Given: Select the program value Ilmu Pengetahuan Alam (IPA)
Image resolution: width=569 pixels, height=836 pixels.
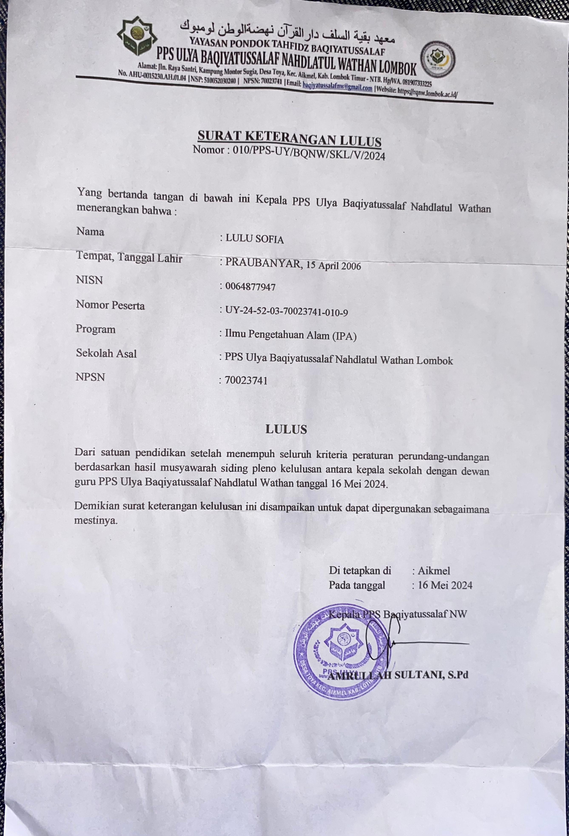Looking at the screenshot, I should [290, 336].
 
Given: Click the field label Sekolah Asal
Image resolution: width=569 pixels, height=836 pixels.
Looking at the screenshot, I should [106, 353].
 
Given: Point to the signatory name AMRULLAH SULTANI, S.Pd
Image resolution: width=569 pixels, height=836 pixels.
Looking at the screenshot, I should [399, 675].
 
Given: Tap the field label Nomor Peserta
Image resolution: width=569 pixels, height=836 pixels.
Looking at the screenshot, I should [110, 305].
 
